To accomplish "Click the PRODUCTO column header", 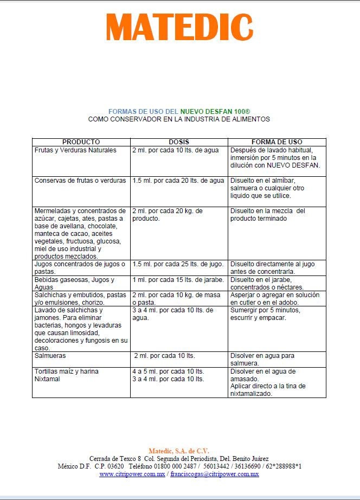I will click(x=81, y=142).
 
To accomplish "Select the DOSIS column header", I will click(x=179, y=142).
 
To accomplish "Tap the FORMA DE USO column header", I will click(x=277, y=142).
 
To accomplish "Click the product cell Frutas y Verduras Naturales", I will click(x=75, y=150).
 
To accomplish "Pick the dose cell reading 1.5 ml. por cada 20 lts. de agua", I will click(x=178, y=181).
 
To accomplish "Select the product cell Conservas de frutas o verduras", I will click(x=80, y=181).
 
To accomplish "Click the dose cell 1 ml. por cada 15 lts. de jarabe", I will click(x=178, y=280).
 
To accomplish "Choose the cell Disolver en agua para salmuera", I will click(x=262, y=360).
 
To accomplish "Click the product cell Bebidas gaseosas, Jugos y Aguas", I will click(x=74, y=283).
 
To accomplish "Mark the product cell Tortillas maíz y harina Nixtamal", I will click(x=66, y=375).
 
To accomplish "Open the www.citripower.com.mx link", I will click(x=132, y=474).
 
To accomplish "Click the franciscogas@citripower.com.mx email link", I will click(x=214, y=474).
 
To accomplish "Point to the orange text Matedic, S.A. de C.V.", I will click(x=179, y=451).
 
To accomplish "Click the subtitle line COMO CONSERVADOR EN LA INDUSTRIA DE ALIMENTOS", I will click(x=179, y=119).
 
